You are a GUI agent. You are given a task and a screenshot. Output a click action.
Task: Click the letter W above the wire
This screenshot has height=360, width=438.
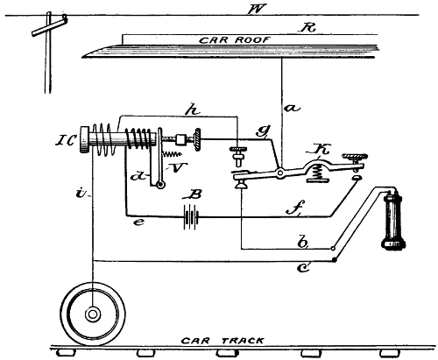pyautogui.click(x=230, y=11)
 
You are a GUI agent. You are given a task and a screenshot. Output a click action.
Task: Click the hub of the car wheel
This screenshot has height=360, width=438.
pyautogui.click(x=90, y=313)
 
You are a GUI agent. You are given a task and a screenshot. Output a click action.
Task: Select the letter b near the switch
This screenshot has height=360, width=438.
pyautogui.click(x=300, y=240)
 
